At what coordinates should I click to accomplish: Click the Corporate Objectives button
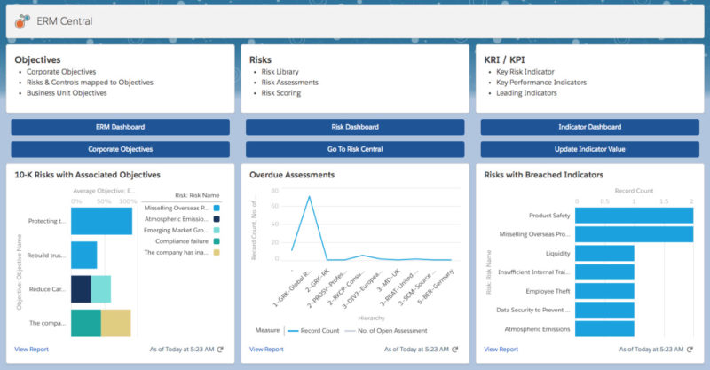coord(121,149)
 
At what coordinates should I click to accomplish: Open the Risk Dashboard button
coord(355,127)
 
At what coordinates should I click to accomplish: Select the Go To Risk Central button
coord(355,149)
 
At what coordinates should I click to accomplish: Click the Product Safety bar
coord(634,215)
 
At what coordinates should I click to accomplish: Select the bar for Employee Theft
coord(604,291)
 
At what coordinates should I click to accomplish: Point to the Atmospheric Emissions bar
coord(604,328)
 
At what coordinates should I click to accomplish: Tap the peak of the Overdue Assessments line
coord(309,196)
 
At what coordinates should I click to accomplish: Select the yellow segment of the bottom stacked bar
coord(115,323)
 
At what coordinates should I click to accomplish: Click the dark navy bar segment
coord(81,288)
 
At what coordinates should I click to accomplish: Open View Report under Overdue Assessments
coord(267,350)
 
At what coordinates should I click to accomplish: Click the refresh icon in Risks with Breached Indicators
coord(689,350)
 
